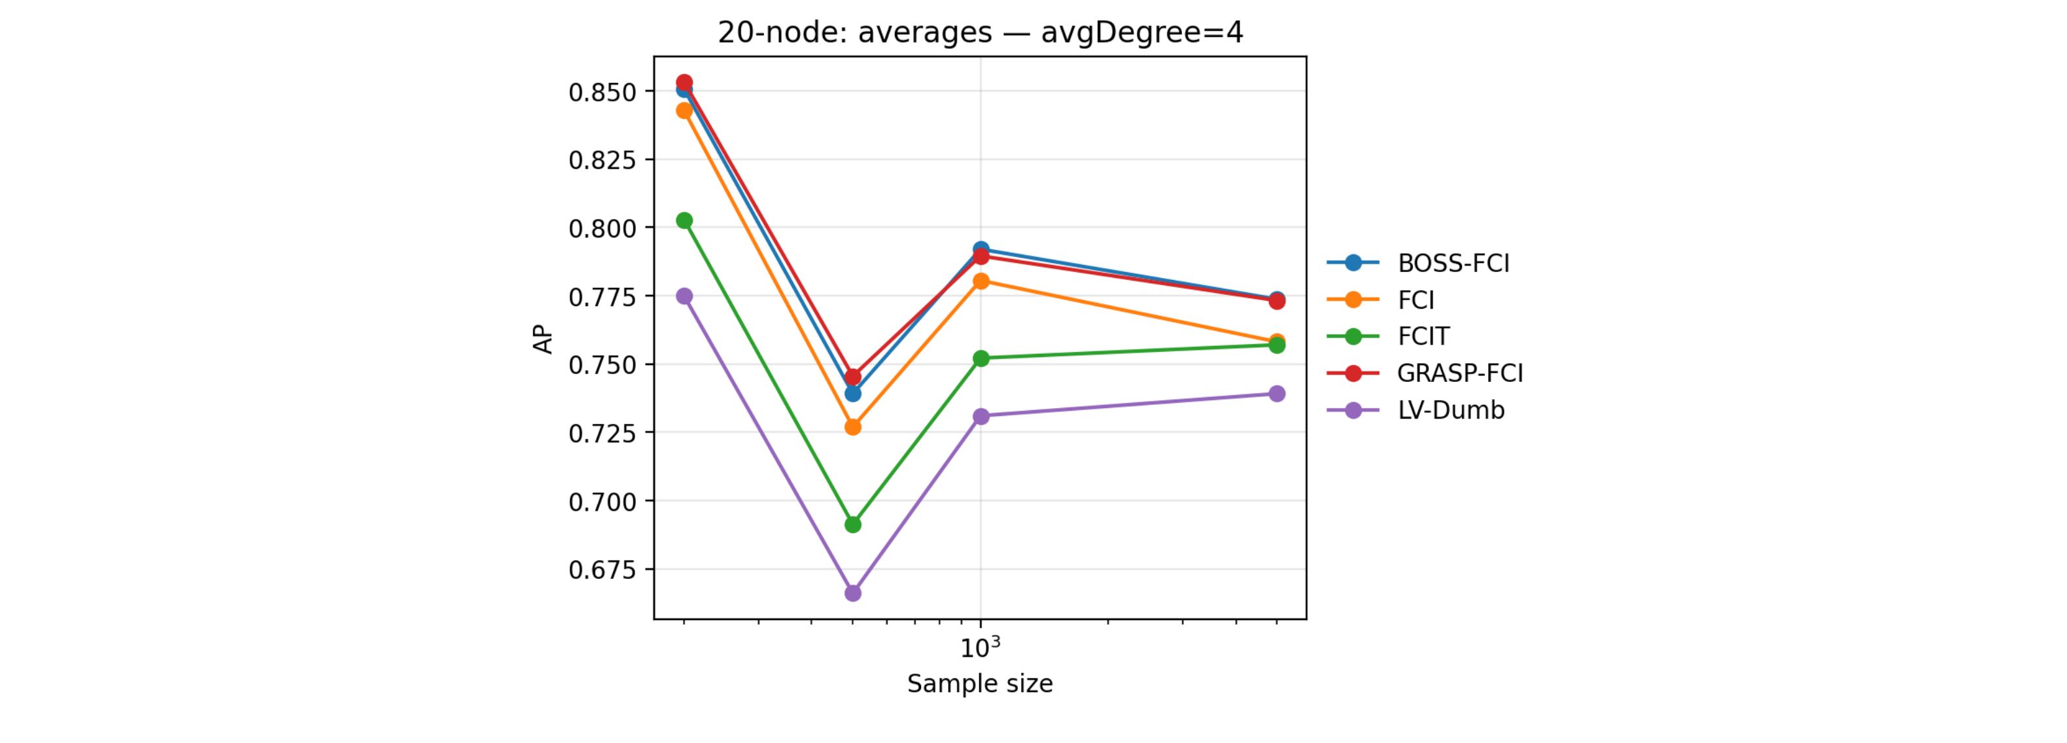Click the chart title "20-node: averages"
980,33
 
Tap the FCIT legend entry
1423,336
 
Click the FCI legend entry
1416,300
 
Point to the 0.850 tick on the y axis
602,92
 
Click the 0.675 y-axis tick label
602,570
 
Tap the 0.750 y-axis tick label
602,365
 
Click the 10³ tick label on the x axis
980,647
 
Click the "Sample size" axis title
980,683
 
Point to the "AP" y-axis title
543,339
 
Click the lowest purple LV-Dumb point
853,593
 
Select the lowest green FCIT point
853,525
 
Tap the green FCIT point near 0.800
684,220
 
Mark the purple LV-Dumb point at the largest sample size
1277,393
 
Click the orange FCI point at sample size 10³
981,281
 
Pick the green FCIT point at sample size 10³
981,358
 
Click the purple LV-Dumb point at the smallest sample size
684,296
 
